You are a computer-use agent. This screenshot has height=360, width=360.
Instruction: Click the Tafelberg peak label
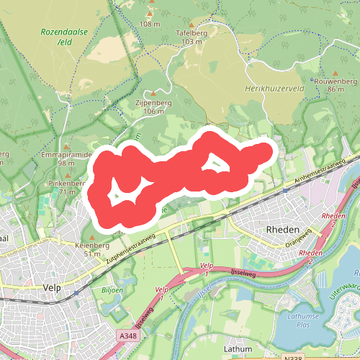click(192, 33)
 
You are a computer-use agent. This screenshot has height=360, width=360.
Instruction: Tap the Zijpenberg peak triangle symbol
click(153, 94)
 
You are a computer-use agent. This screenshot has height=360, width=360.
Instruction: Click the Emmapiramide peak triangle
click(66, 146)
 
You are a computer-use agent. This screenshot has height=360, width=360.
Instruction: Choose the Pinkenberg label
click(67, 184)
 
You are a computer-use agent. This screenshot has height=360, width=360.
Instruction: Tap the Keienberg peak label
click(92, 245)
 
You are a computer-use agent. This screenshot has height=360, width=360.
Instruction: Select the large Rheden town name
click(282, 229)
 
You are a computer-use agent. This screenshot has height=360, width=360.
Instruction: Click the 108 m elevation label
click(150, 24)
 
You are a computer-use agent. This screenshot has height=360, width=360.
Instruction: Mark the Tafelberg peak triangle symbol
click(192, 22)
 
